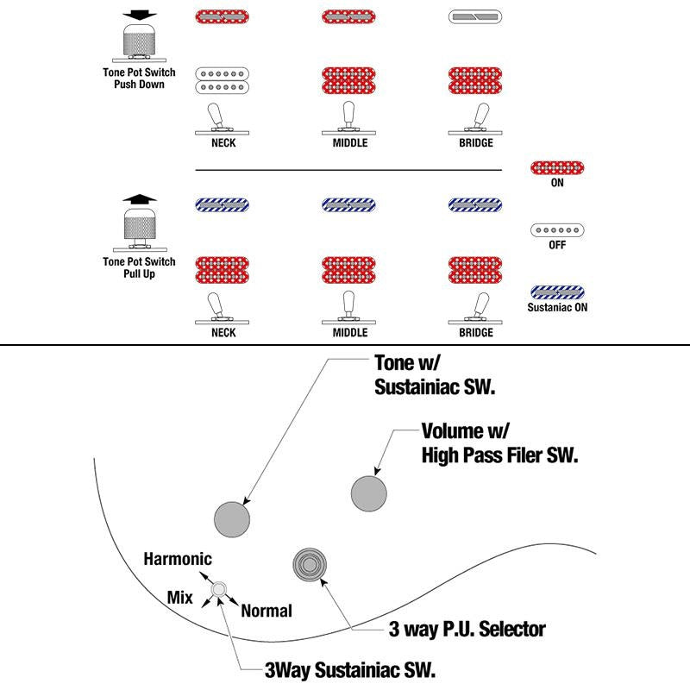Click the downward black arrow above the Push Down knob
[140, 15]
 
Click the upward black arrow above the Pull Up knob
[140, 199]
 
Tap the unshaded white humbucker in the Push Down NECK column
[223, 80]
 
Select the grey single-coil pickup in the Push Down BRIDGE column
[475, 17]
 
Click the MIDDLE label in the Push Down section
[350, 142]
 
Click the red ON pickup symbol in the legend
[557, 167]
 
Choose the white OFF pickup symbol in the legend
[557, 230]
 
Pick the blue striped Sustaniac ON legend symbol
[557, 292]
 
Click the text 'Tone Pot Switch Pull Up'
[139, 267]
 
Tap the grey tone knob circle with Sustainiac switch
[232, 519]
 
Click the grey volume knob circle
[369, 493]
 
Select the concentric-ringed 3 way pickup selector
[310, 565]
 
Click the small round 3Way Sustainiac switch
[219, 589]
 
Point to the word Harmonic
[178, 559]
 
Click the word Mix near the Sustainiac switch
[180, 598]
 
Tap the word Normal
[267, 611]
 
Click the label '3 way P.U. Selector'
[467, 630]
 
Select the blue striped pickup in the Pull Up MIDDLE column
[348, 205]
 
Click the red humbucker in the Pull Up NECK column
[223, 270]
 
